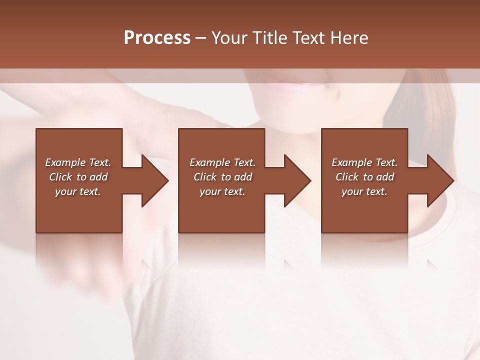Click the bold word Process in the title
(157, 38)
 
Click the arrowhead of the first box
(155, 180)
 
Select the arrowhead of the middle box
(297, 180)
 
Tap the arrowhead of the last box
(440, 180)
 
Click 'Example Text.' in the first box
(78, 162)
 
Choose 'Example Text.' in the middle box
(222, 162)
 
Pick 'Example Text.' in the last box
(364, 162)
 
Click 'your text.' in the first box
(78, 191)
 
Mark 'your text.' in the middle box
(222, 191)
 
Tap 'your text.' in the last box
(364, 191)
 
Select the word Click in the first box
(60, 177)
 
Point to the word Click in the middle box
(205, 177)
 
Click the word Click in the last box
(347, 177)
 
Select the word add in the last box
(385, 177)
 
